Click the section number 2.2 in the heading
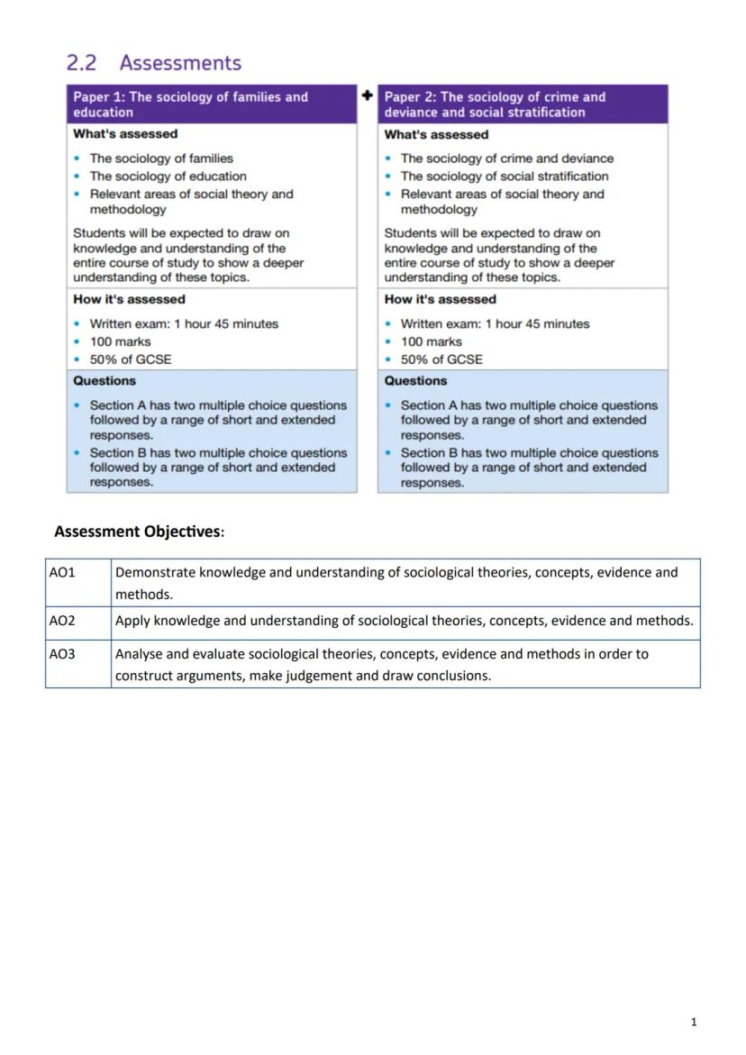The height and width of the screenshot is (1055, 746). [81, 63]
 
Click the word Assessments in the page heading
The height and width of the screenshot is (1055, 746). [180, 63]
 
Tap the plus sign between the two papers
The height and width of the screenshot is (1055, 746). [367, 95]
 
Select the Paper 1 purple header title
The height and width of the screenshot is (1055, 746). [190, 105]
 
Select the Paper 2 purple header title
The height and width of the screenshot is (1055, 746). [495, 105]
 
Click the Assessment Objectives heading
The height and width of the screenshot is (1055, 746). [139, 532]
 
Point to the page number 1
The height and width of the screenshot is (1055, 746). [693, 1022]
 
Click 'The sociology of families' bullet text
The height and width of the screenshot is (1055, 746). [161, 159]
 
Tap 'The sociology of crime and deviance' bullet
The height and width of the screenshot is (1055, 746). [506, 159]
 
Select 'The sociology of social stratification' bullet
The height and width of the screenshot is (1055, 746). [504, 177]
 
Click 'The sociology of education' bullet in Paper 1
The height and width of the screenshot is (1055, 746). [168, 177]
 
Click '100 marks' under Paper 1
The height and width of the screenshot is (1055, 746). [120, 341]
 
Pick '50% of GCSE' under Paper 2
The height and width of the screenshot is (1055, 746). [441, 359]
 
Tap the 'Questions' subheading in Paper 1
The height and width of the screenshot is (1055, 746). [105, 381]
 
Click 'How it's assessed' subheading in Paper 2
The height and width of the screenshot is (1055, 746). [440, 299]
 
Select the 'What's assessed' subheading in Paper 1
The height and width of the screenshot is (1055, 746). [125, 134]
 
